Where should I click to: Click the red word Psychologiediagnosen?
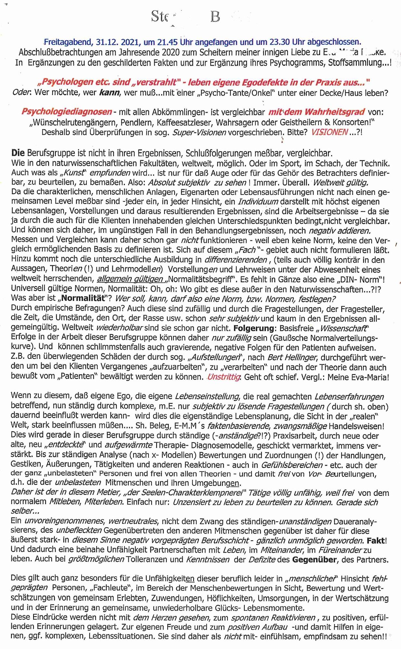[67, 112]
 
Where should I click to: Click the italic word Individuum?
[258, 202]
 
